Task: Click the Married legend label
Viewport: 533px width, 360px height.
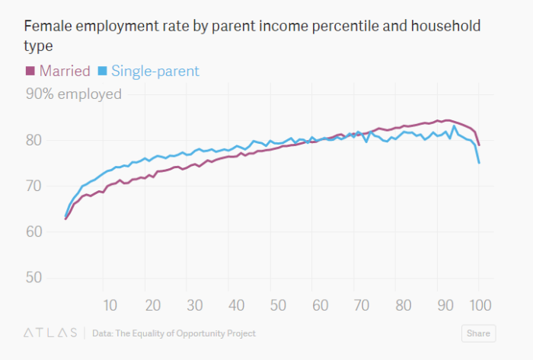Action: click(x=65, y=72)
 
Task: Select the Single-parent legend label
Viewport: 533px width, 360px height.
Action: click(x=155, y=72)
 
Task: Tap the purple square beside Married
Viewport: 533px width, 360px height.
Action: click(x=30, y=72)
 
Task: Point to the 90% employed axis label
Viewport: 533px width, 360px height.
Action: click(x=74, y=94)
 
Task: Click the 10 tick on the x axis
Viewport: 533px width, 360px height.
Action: click(x=110, y=305)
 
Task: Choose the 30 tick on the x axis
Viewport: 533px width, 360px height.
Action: click(x=194, y=305)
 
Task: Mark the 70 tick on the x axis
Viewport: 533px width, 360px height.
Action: click(x=361, y=305)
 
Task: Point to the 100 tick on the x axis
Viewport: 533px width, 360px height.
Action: click(x=478, y=305)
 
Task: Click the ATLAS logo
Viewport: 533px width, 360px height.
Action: click(x=50, y=333)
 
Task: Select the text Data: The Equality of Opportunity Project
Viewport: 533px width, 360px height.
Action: click(x=174, y=333)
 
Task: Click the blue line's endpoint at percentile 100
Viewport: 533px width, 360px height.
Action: click(x=479, y=163)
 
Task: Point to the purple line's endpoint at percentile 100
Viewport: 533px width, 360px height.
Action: click(x=479, y=145)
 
